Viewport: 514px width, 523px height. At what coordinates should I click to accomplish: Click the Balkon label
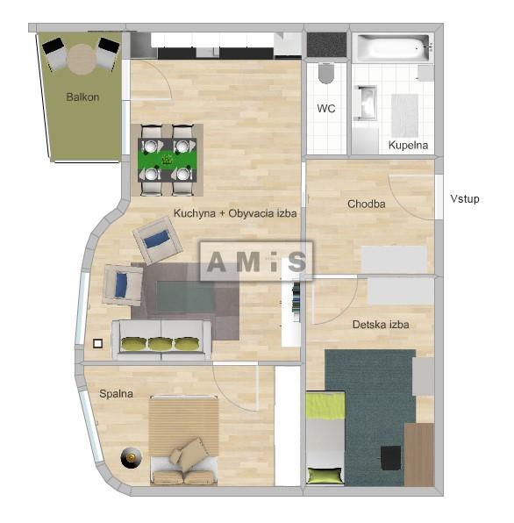[82, 97]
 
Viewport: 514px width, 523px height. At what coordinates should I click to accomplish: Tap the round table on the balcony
[82, 60]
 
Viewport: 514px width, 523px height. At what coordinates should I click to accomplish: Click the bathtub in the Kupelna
[392, 48]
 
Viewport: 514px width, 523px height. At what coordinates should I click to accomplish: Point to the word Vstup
[465, 199]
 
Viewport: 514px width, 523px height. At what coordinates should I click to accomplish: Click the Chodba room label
[367, 204]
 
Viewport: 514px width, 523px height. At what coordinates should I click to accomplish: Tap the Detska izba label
[381, 325]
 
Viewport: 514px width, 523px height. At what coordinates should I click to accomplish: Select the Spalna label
[116, 394]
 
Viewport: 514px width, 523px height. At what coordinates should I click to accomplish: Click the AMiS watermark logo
[256, 261]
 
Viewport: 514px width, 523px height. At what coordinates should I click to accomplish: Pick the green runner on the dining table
[167, 160]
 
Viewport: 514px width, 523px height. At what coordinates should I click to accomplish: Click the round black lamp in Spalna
[131, 458]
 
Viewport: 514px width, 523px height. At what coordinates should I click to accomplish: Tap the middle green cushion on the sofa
[160, 344]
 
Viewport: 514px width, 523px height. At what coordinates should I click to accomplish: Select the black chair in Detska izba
[390, 457]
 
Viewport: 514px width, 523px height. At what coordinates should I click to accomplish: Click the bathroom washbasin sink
[366, 103]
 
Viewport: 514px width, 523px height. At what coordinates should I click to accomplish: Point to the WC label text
[326, 109]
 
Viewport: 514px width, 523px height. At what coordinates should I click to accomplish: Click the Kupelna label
[408, 145]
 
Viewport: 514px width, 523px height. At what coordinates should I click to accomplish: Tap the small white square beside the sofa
[98, 343]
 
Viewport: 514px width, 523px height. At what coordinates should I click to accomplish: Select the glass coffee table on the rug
[185, 297]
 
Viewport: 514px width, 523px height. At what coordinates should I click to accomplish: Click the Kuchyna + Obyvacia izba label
[235, 213]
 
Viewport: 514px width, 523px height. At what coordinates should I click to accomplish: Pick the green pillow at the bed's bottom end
[325, 475]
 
